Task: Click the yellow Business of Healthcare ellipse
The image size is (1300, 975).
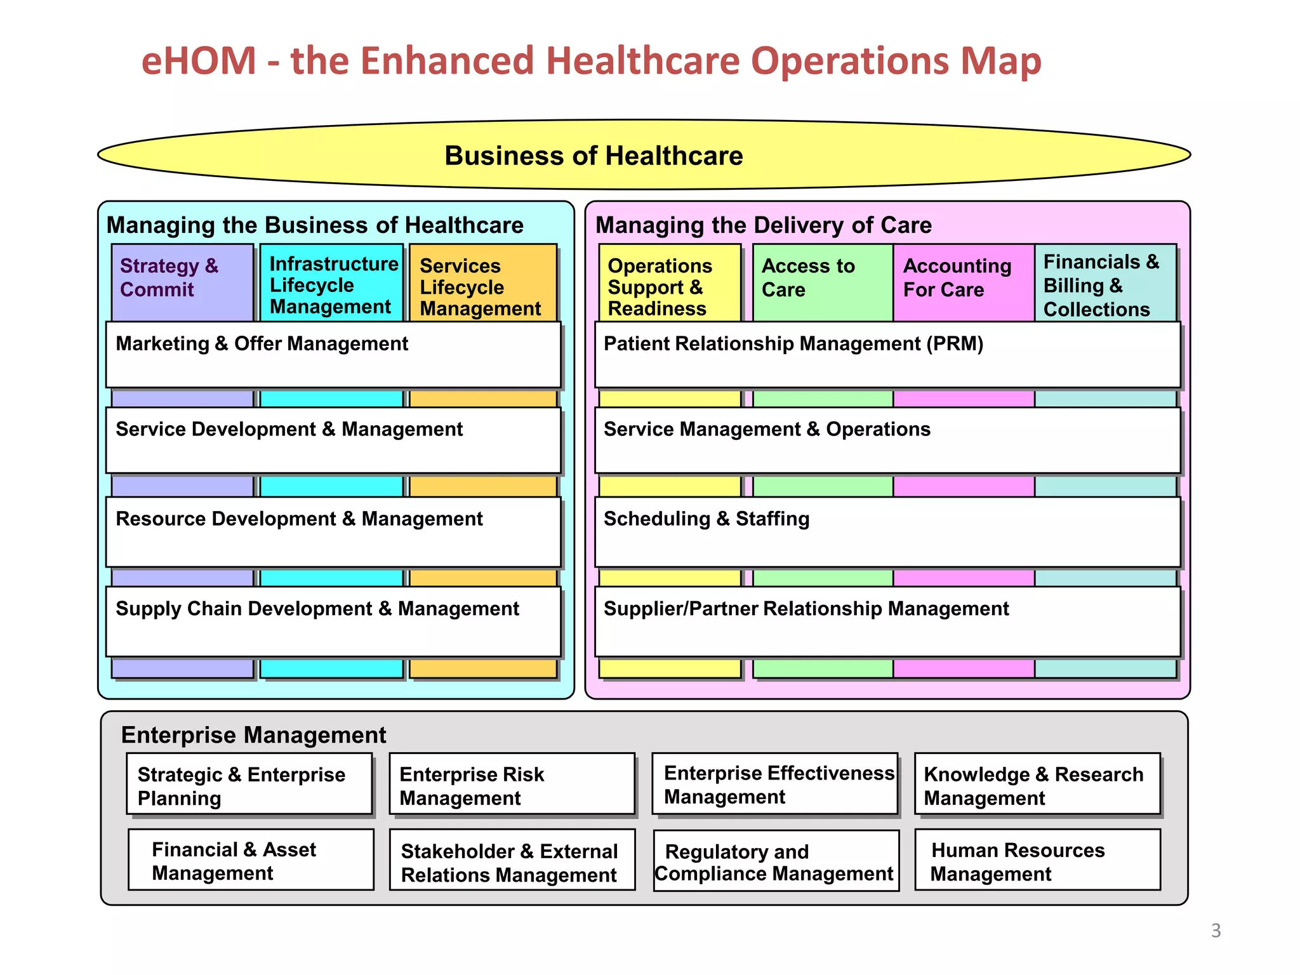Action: click(644, 155)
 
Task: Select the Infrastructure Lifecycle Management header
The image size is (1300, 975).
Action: click(331, 283)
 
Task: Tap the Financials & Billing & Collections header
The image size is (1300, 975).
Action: click(1105, 283)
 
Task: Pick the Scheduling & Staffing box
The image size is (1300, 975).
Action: click(887, 532)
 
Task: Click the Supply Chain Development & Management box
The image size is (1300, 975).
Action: click(333, 621)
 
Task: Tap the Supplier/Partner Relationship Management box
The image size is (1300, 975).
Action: click(887, 621)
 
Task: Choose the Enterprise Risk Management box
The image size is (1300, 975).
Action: click(512, 784)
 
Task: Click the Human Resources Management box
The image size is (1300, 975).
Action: click(1037, 860)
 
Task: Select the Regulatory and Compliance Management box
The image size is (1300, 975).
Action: click(776, 861)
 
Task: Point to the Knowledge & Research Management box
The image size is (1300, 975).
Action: click(1037, 784)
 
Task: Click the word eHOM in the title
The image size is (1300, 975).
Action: click(199, 62)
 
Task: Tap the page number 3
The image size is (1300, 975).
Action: click(1216, 931)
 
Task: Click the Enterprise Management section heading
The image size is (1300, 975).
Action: click(253, 735)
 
